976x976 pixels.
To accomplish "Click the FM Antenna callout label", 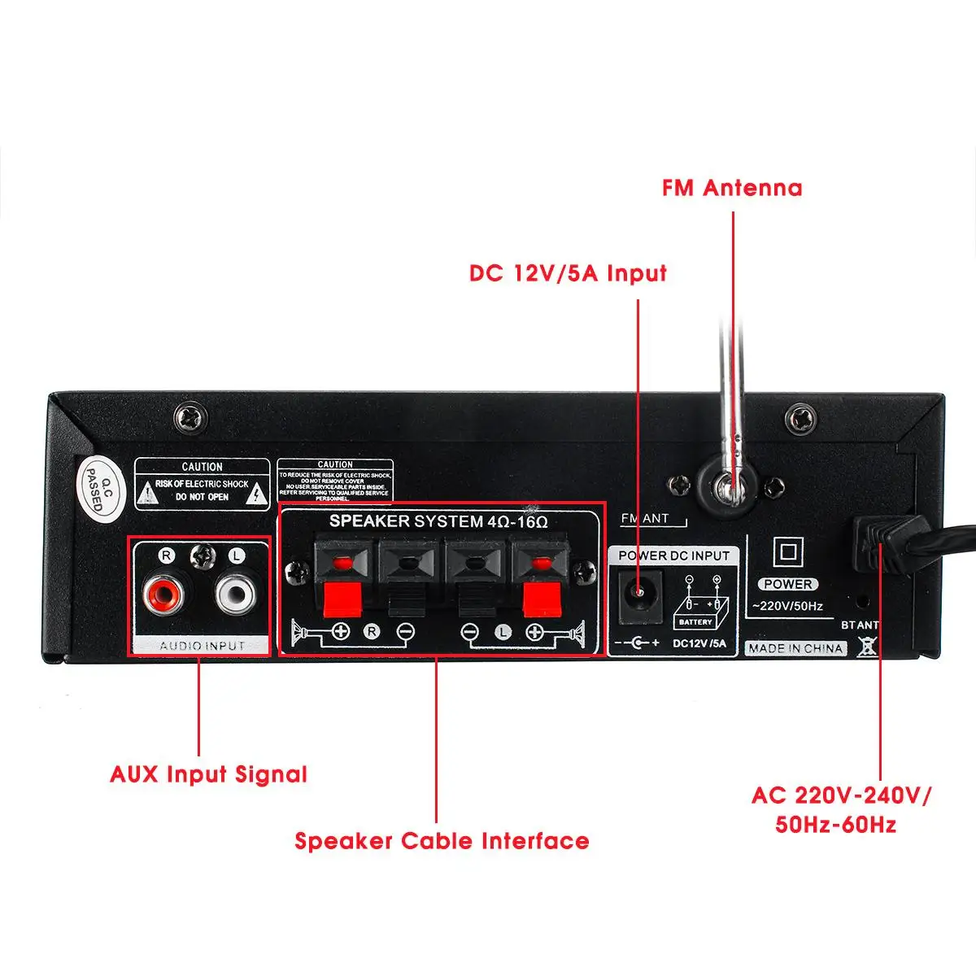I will (732, 188).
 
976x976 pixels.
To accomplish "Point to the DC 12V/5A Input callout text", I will (568, 272).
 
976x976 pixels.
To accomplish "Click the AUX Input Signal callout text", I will (209, 773).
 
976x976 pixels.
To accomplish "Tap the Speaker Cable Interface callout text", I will (442, 840).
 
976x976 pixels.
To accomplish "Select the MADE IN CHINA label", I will (796, 648).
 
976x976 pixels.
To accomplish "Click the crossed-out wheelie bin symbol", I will (868, 647).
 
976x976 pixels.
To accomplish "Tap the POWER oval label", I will (787, 584).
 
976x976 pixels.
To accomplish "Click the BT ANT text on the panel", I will (860, 625).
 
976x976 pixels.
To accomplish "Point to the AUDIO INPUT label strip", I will (202, 646).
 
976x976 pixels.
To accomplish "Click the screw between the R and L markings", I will (201, 556).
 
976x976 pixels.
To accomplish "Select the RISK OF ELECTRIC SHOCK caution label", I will (202, 484).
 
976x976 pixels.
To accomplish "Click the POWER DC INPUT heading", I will (674, 556).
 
